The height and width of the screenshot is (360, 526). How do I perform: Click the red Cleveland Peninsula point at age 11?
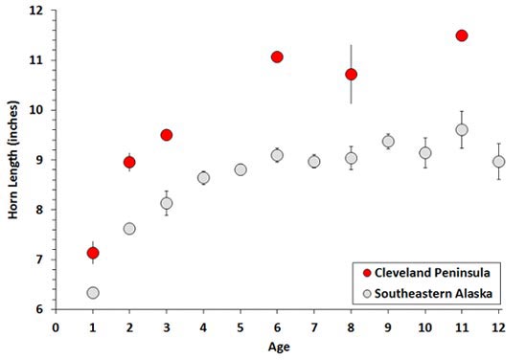click(462, 35)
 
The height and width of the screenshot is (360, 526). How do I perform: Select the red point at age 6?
click(277, 56)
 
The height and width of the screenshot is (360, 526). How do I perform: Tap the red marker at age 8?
click(351, 74)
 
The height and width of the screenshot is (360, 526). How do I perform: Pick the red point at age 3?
click(166, 135)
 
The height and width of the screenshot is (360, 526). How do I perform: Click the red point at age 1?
click(93, 253)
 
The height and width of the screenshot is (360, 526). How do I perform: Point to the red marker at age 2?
click(129, 162)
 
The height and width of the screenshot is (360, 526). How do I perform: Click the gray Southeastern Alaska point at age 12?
click(498, 162)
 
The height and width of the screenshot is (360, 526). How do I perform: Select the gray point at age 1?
click(93, 292)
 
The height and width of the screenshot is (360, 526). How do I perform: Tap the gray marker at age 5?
click(240, 169)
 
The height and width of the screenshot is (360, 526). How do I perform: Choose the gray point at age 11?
click(462, 129)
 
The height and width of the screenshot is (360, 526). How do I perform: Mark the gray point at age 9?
click(388, 141)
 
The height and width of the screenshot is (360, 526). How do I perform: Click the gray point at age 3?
click(166, 203)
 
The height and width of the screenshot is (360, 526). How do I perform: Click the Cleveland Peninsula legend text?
click(430, 272)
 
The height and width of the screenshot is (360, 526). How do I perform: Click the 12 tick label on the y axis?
click(36, 11)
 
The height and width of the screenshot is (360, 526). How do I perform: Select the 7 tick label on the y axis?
click(39, 259)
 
